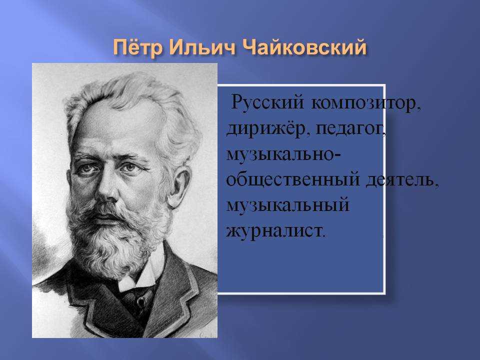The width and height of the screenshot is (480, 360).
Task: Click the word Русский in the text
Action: click(267, 101)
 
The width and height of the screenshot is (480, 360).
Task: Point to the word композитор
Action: click(366, 103)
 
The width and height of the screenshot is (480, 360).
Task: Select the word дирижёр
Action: click(265, 129)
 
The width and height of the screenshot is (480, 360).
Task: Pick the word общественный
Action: click(293, 179)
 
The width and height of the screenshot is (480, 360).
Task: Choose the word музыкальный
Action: click(288, 205)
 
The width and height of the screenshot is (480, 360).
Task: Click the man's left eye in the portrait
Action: click(129, 167)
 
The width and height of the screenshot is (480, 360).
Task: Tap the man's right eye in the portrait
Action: click(86, 168)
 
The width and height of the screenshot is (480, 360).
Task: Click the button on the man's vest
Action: click(141, 302)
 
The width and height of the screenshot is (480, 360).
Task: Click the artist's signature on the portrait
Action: click(206, 334)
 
